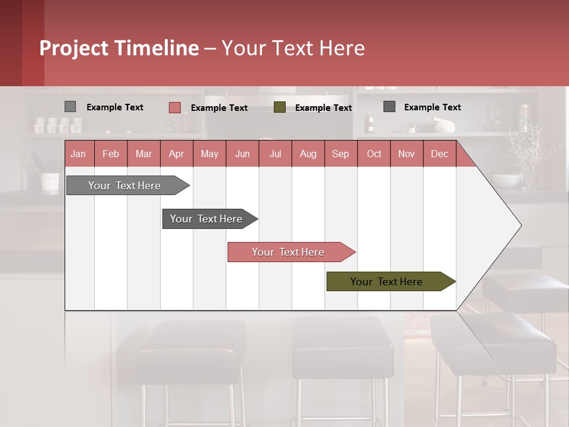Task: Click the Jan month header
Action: coord(78,154)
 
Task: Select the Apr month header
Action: coord(176,154)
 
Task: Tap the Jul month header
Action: coord(275,154)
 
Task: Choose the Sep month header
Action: coord(340,154)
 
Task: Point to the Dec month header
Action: coord(439,154)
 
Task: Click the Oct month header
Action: coord(374,154)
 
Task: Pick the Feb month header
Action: coord(111,154)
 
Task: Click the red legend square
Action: coord(174,107)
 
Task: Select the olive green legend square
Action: coord(280,107)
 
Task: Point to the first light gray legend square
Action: coord(70,107)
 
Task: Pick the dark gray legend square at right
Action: coord(389,107)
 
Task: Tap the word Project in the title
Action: coord(74,48)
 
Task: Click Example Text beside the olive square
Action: coord(323,108)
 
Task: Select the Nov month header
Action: coord(407,154)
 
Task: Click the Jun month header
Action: coord(242,154)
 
